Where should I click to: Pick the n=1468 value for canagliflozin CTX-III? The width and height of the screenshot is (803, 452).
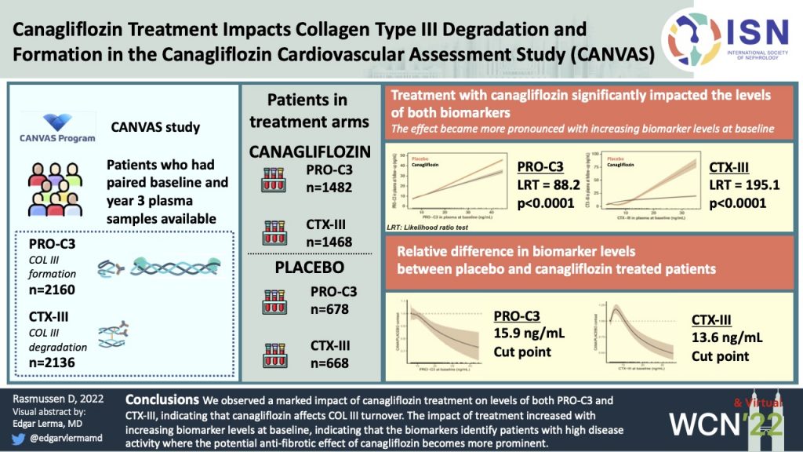pyautogui.click(x=330, y=242)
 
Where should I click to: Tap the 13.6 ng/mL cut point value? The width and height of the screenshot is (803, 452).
pyautogui.click(x=726, y=338)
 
